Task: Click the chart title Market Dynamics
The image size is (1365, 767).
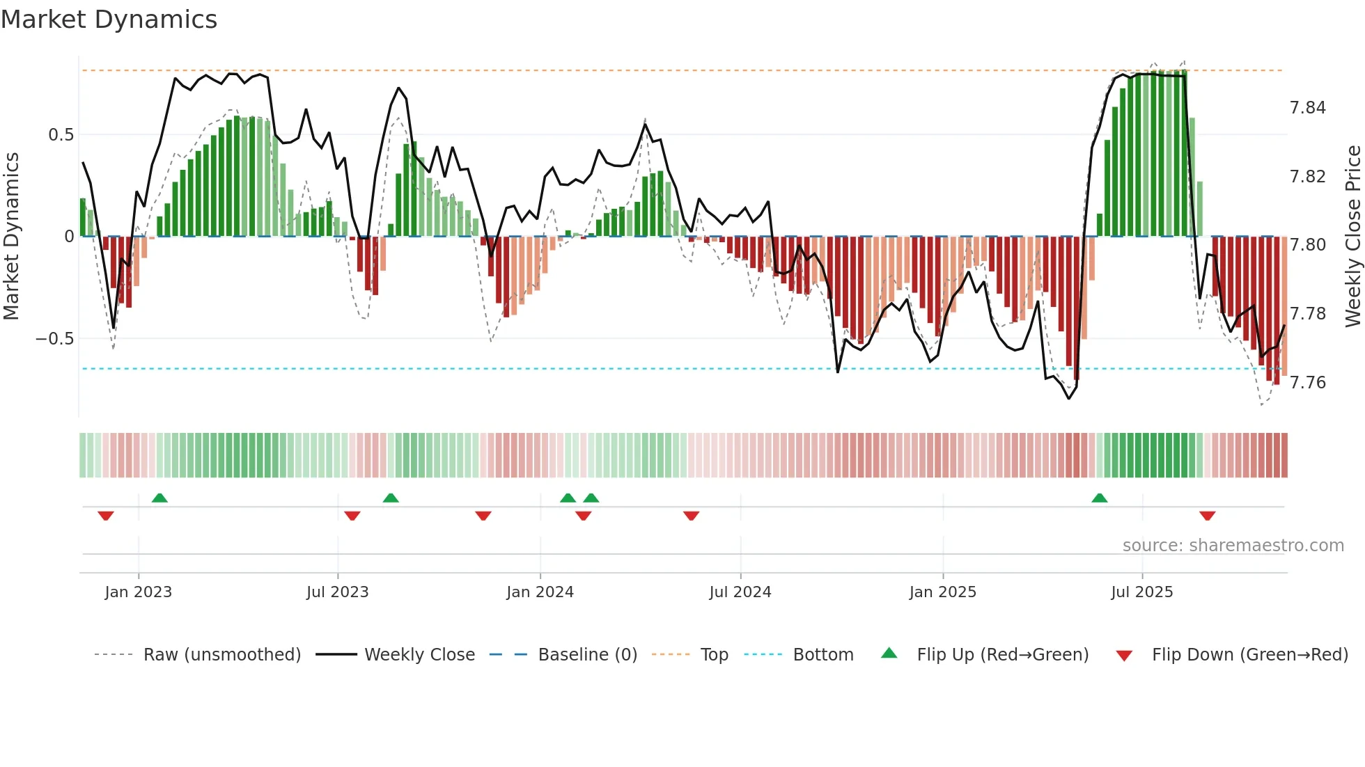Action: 109,19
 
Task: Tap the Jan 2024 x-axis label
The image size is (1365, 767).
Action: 540,592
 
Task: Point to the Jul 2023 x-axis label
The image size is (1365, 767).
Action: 337,592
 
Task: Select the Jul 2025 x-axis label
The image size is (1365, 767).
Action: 1141,592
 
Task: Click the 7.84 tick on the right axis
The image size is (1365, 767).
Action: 1307,108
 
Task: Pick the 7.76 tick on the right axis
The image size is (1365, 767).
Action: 1307,383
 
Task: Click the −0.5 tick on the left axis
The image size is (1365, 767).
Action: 54,339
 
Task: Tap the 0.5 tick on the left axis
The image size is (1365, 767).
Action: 61,135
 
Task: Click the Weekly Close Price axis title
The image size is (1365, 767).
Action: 1352,236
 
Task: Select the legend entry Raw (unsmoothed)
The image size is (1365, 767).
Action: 221,655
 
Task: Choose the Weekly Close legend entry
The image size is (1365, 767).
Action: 419,655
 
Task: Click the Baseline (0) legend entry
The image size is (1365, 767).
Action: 587,655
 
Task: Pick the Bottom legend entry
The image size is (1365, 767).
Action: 822,655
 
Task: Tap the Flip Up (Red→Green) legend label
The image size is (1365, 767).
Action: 1002,655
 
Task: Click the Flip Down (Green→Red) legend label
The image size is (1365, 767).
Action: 1249,655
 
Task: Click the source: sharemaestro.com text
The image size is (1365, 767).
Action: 1233,546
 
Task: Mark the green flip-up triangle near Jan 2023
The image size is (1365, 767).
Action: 159,498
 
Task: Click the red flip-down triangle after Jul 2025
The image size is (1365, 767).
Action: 1207,516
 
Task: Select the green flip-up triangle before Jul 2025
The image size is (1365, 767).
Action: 1099,498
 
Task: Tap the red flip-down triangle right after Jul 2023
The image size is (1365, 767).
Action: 352,516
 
